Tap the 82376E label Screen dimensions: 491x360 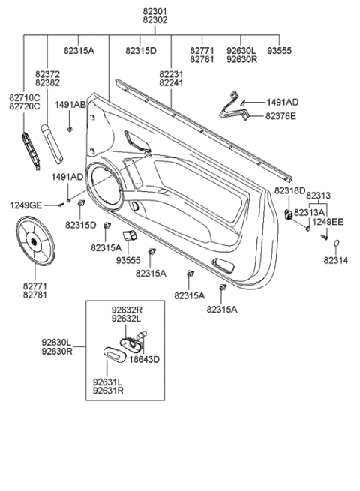click(x=280, y=116)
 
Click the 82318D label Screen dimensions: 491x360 click(x=289, y=191)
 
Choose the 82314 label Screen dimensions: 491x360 click(x=337, y=260)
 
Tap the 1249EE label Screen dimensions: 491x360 click(x=328, y=222)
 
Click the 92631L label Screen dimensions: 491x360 click(x=108, y=381)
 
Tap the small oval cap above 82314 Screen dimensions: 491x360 click(x=337, y=242)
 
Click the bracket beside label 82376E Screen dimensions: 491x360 click(x=232, y=107)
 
